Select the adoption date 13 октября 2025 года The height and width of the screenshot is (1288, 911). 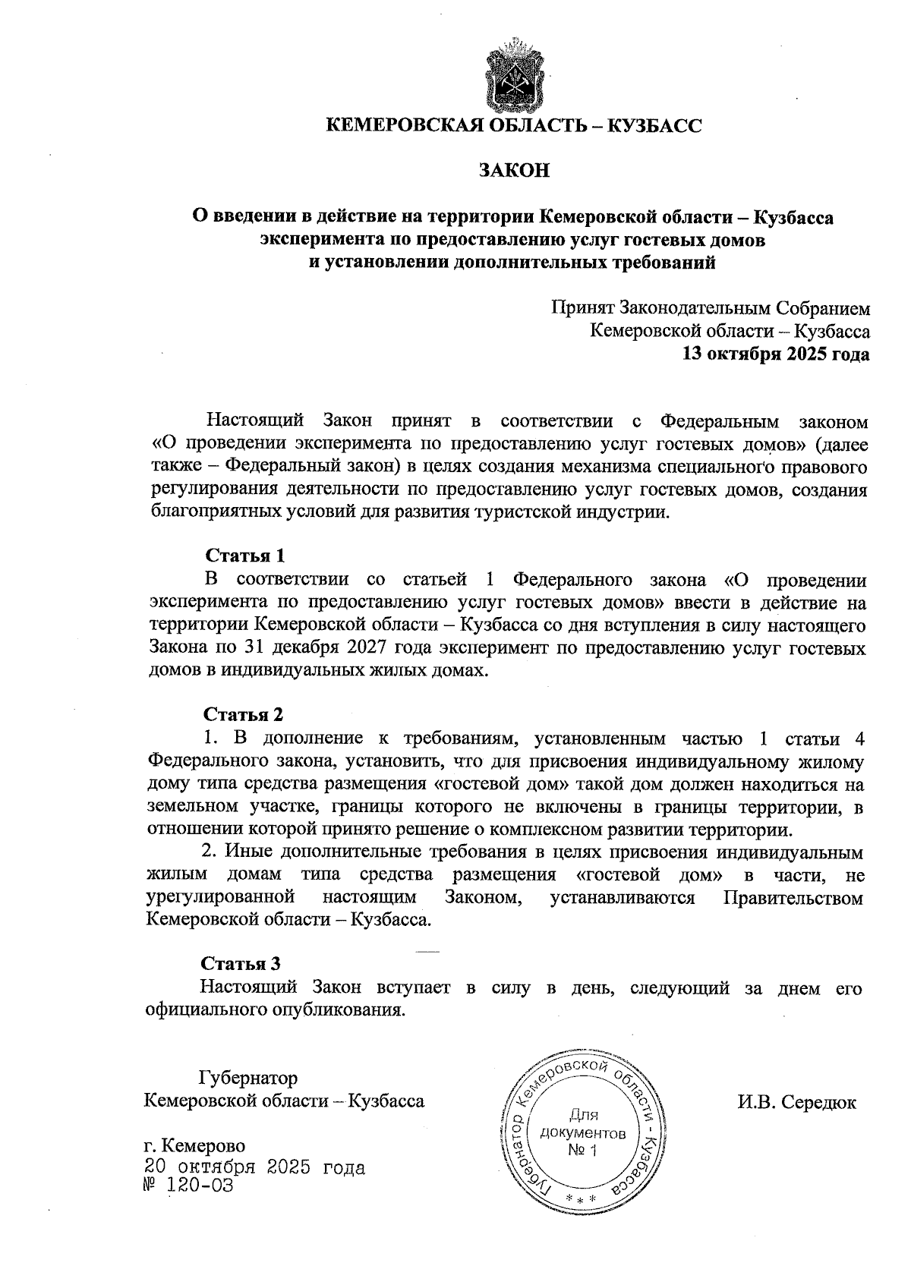776,354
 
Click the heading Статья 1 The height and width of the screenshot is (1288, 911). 244,556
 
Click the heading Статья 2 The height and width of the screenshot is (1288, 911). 243,715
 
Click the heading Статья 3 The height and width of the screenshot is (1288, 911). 241,964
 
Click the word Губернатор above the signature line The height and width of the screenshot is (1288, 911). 247,1078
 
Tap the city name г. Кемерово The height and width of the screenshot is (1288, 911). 194,1145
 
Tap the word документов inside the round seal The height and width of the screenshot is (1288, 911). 582,1134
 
